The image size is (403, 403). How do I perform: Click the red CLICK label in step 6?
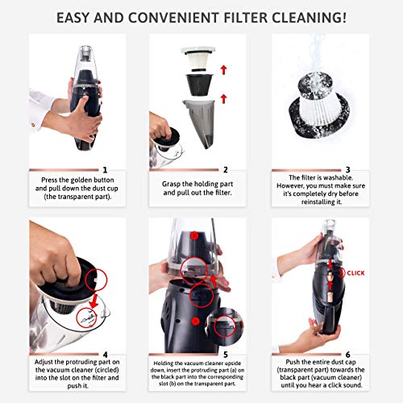coord(356,273)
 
